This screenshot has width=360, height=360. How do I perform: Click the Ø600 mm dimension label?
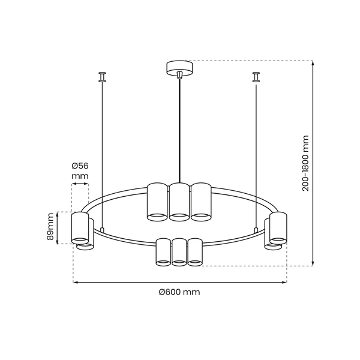[x=179, y=292]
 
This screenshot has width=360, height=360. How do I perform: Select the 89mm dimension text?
[x=50, y=228]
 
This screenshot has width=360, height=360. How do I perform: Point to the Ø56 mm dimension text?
[x=80, y=171]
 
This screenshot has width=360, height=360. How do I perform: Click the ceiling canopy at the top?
[x=179, y=67]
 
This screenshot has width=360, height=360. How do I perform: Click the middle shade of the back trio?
[x=179, y=202]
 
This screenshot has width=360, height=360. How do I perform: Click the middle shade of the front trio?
[x=179, y=252]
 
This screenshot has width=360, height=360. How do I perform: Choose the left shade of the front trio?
[x=163, y=252]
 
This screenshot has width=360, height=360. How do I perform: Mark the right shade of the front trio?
[x=195, y=252]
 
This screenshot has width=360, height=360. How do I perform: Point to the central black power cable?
[x=180, y=132]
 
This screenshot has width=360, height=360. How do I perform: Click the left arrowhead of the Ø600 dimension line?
[x=75, y=282]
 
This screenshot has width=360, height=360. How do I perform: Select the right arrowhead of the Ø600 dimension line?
[x=284, y=282]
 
